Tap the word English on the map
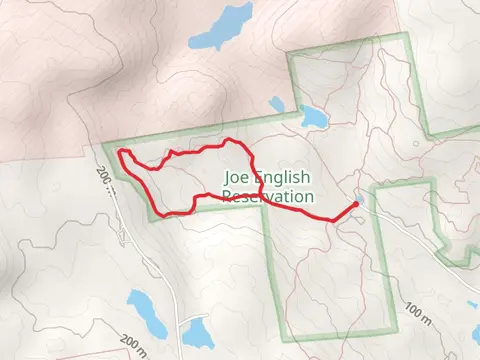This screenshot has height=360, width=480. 285,179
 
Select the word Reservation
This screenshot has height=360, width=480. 267,197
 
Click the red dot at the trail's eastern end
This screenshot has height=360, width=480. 356,204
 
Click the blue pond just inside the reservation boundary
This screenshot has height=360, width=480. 311,116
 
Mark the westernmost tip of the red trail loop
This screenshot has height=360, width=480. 120,154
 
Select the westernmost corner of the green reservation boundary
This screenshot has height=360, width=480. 103,145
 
